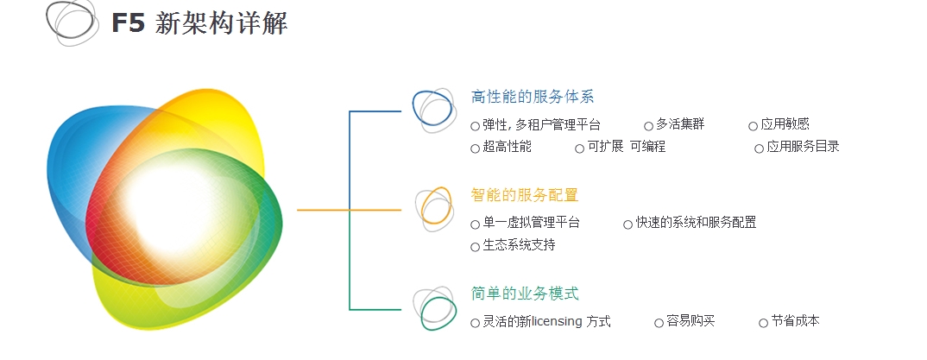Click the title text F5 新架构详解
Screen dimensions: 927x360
point(199,23)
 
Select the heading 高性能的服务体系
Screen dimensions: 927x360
point(532,97)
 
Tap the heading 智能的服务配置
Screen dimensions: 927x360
point(525,195)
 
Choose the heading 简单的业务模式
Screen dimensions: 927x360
point(525,294)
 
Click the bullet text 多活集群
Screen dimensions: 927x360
point(680,124)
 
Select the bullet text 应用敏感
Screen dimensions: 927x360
point(785,124)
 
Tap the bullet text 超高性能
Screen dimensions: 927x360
point(507,147)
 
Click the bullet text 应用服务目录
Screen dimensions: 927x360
point(803,147)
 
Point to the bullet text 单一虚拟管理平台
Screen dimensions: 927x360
point(531,223)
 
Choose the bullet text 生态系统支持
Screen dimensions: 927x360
point(519,244)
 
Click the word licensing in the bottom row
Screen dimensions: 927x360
point(557,321)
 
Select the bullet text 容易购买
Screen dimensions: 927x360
point(691,321)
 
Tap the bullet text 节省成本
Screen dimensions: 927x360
point(795,321)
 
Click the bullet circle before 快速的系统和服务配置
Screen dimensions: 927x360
point(627,224)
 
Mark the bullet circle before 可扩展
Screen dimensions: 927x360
point(579,148)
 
